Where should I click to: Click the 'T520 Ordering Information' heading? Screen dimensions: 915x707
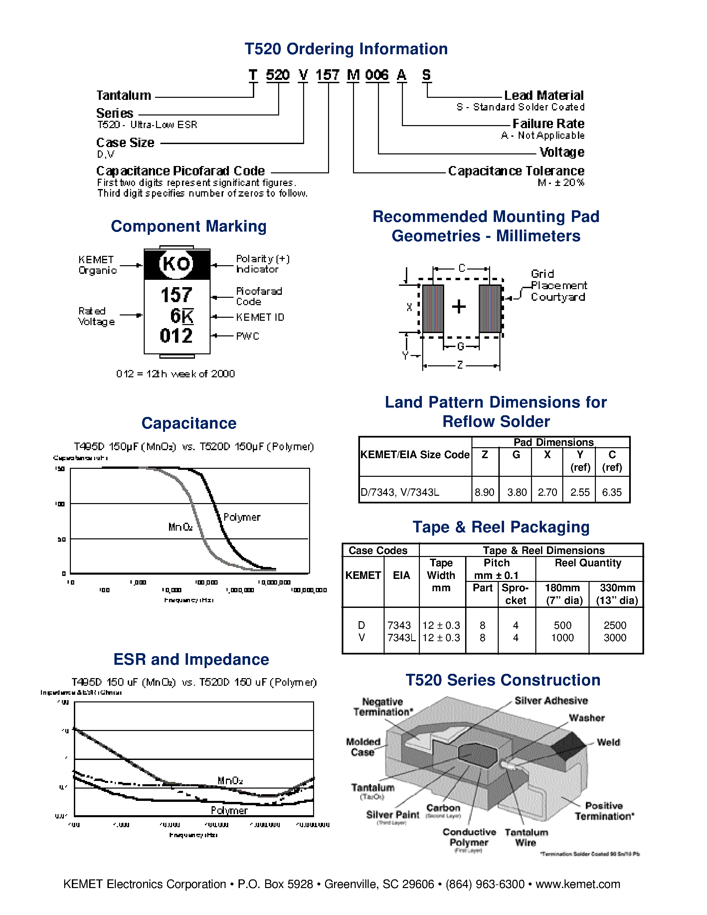(x=346, y=49)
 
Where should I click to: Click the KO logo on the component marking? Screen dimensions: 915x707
(x=176, y=264)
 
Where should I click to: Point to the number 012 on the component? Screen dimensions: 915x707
(x=176, y=336)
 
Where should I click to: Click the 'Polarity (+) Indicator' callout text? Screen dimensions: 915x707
(x=262, y=264)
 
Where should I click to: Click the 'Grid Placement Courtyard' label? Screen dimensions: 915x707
(x=558, y=285)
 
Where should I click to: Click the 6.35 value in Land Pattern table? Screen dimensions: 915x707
(x=612, y=492)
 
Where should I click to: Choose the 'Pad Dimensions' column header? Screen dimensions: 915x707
(x=553, y=443)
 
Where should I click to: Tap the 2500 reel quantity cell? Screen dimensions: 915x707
(x=615, y=626)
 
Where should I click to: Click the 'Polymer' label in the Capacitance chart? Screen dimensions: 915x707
(x=242, y=517)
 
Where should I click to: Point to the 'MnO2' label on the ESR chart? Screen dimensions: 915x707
(x=230, y=781)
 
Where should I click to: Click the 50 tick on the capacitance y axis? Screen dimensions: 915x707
(x=62, y=539)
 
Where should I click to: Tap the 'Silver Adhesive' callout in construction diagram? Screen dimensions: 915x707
(x=551, y=700)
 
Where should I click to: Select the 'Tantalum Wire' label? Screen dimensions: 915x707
(x=526, y=837)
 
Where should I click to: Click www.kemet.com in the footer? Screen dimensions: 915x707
(x=578, y=884)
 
